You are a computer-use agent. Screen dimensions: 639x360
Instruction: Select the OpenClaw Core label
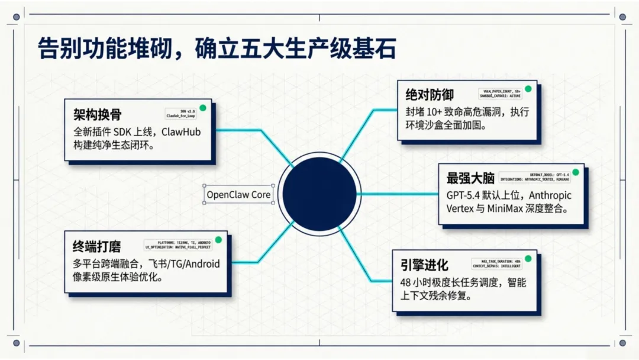pyautogui.click(x=238, y=194)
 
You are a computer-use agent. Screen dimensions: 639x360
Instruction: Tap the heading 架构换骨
pyautogui.click(x=98, y=114)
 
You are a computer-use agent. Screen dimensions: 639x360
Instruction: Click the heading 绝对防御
pyautogui.click(x=430, y=95)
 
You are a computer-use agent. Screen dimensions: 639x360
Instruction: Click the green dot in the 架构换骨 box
pyautogui.click(x=202, y=108)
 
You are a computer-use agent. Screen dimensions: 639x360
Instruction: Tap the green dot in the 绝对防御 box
pyautogui.click(x=528, y=89)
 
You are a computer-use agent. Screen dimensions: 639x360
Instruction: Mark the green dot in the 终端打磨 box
pyautogui.click(x=218, y=240)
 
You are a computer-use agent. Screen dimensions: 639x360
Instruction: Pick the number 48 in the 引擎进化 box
pyautogui.click(x=406, y=282)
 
